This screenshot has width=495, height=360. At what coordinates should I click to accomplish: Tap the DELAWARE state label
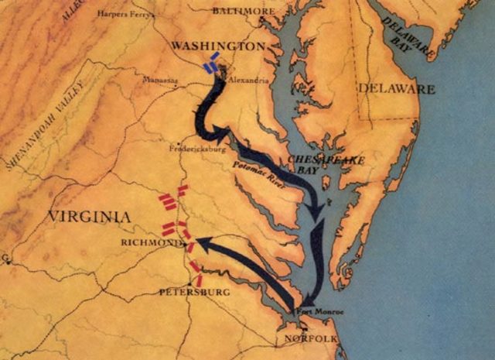[x=395, y=90]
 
